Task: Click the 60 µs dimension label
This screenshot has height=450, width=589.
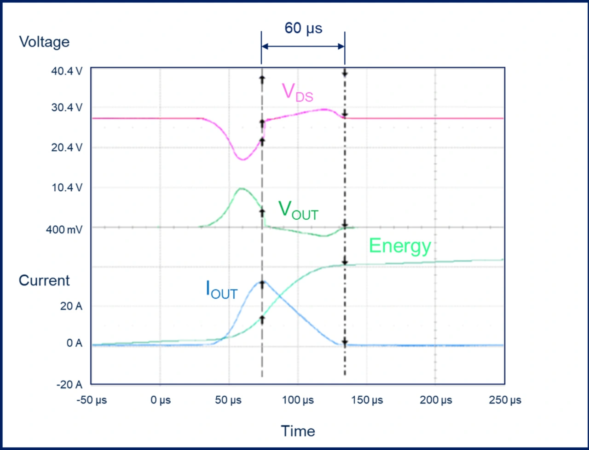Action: click(x=303, y=28)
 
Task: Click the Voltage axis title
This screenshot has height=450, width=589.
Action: click(x=44, y=42)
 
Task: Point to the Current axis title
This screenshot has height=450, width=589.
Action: click(x=44, y=280)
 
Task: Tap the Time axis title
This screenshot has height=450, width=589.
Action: click(x=298, y=431)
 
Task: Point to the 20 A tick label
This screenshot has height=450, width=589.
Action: click(x=72, y=306)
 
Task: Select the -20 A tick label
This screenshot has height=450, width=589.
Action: click(x=70, y=385)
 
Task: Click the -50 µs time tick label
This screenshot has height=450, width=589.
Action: click(x=92, y=400)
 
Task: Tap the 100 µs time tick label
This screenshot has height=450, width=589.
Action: click(x=298, y=400)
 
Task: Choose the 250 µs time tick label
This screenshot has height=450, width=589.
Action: click(x=505, y=400)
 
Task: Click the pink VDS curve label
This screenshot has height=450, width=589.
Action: click(x=297, y=92)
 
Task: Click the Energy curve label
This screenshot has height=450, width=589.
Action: click(x=400, y=246)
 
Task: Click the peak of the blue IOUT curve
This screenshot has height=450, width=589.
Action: click(x=263, y=281)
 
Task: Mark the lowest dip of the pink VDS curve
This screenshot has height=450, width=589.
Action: click(x=243, y=159)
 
